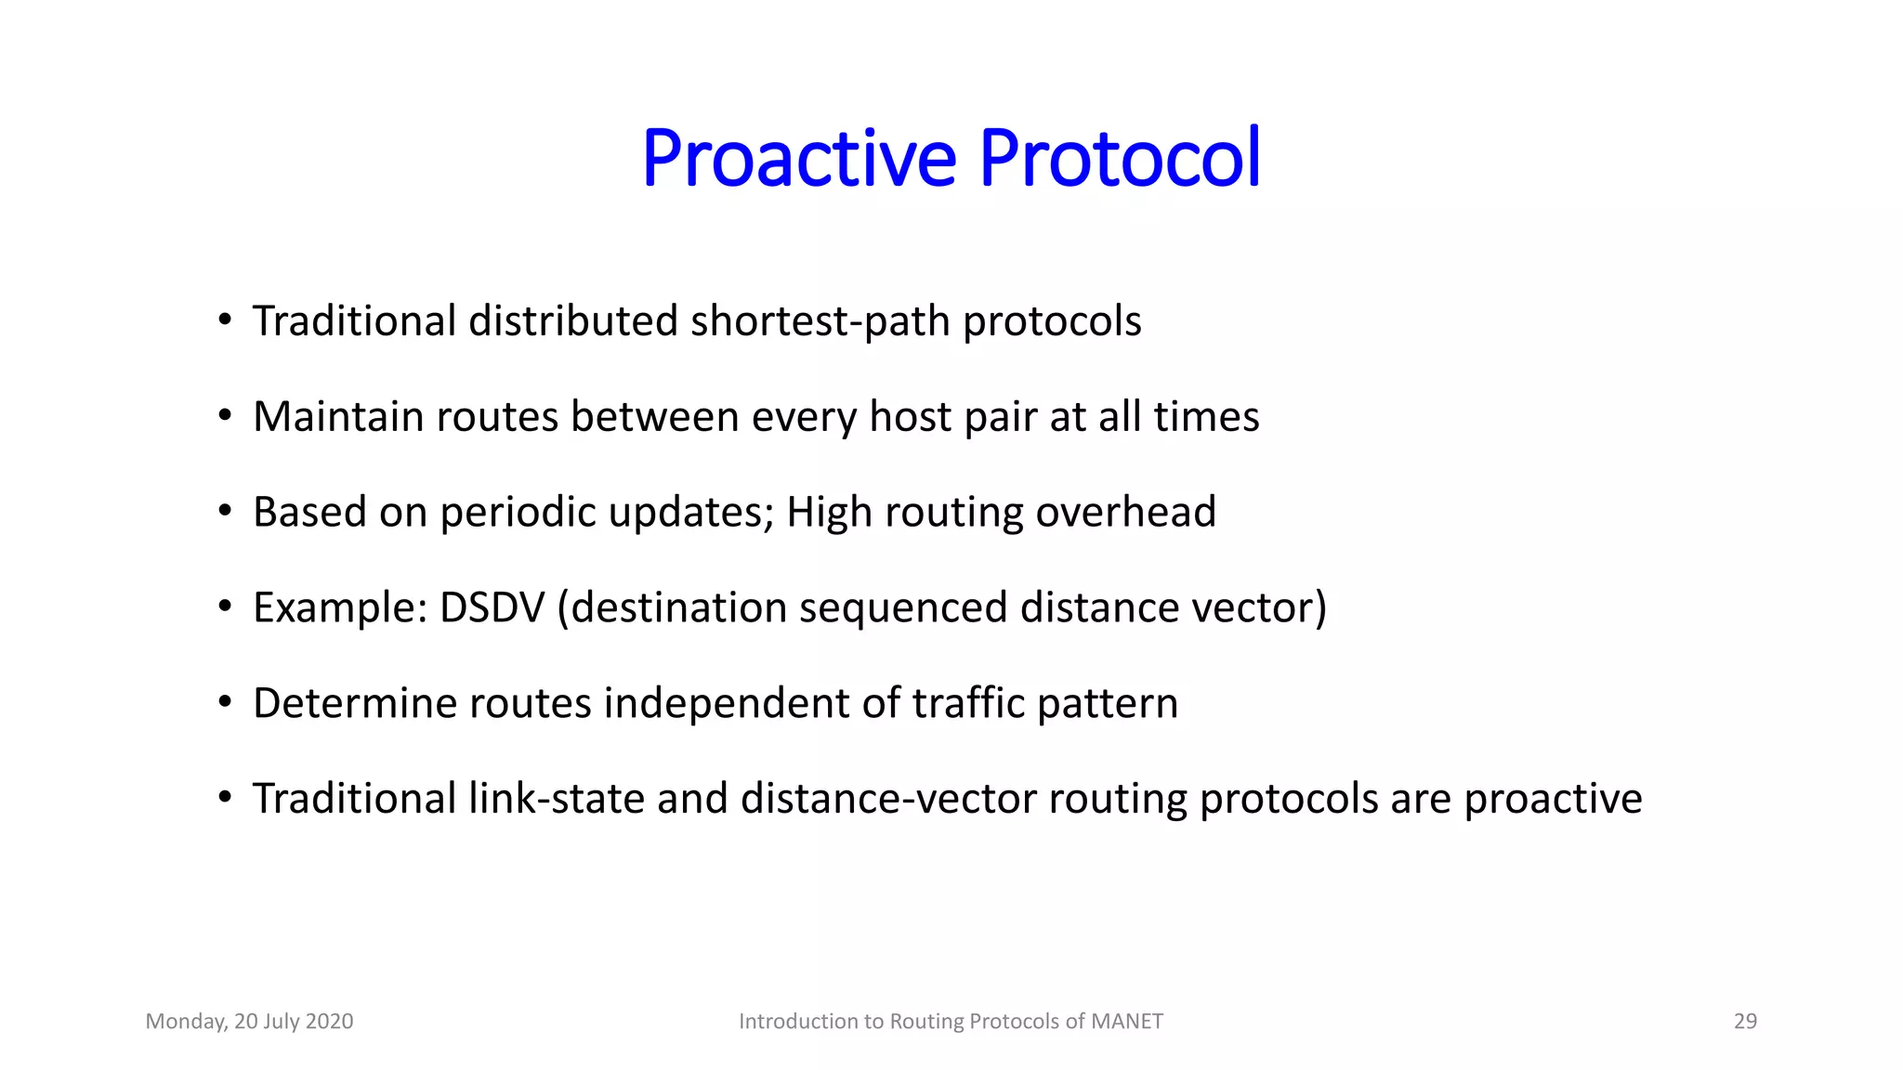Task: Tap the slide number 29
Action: tap(1745, 1021)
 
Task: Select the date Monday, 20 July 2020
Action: tap(249, 1021)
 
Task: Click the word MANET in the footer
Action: tap(1126, 1021)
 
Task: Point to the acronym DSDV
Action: tap(492, 607)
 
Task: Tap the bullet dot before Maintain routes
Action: tap(225, 416)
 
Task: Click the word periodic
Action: tap(518, 512)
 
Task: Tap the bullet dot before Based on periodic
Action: tap(225, 512)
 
